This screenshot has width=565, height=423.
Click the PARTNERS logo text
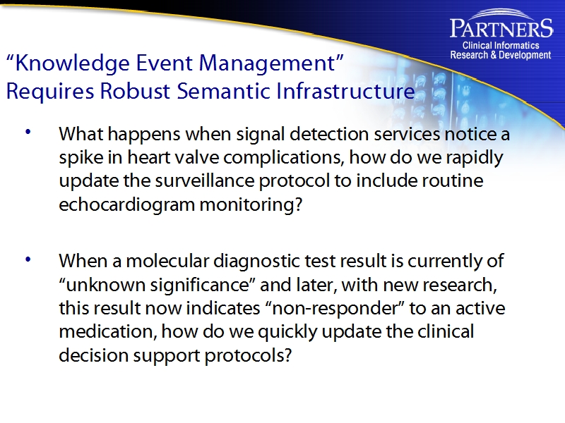501,29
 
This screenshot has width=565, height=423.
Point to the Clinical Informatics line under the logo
501,46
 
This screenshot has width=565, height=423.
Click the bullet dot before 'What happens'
28,132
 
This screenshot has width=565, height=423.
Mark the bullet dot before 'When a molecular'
28,259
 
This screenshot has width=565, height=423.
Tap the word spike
78,157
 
